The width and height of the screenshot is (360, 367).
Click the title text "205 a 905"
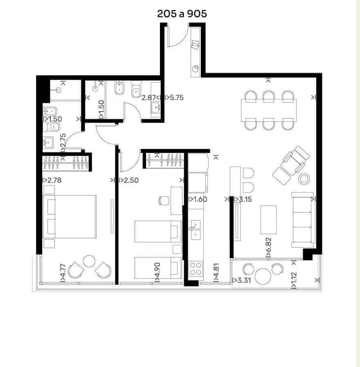click(x=182, y=14)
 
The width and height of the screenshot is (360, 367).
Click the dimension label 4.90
click(x=157, y=270)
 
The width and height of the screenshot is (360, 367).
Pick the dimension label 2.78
click(x=54, y=181)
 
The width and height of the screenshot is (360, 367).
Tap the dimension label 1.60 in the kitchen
click(x=200, y=199)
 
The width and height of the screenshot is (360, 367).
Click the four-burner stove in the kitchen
click(x=196, y=269)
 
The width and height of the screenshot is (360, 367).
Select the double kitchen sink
click(x=196, y=230)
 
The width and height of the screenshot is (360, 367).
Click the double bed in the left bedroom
click(x=70, y=217)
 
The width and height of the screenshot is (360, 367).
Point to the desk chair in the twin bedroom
click(x=164, y=201)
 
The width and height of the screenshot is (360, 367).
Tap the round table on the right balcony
click(x=263, y=276)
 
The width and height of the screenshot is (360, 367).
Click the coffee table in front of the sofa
click(x=268, y=220)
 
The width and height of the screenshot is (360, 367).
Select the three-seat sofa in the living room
click(x=303, y=220)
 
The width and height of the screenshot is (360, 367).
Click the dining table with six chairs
click(x=269, y=110)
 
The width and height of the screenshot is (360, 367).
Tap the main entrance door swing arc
click(x=182, y=40)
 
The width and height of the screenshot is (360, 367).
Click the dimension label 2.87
click(x=148, y=98)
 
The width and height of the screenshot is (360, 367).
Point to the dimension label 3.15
click(x=245, y=199)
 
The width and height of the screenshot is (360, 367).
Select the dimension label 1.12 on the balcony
click(x=294, y=277)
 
